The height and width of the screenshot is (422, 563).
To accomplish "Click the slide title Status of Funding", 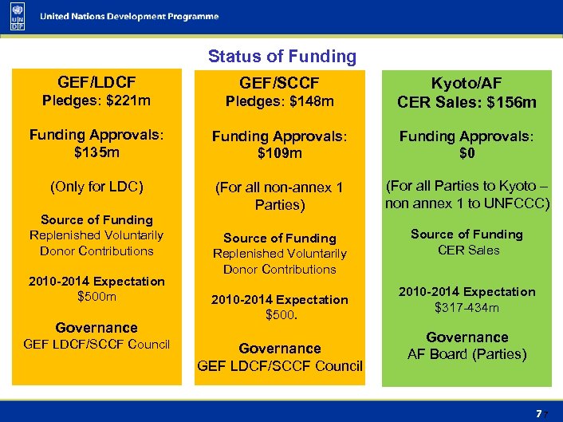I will tap(281, 57).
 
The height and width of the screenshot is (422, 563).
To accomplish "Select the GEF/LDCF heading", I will tap(96, 82).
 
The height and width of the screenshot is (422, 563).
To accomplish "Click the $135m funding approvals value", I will tap(96, 152).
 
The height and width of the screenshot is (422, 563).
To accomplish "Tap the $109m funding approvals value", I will tap(279, 152).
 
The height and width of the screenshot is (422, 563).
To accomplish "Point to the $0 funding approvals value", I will tap(467, 152).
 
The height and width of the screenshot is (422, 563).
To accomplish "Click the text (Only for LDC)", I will tap(96, 187).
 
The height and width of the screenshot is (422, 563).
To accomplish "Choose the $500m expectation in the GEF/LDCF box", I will tap(96, 297).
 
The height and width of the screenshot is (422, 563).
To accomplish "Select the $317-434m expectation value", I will tap(467, 307).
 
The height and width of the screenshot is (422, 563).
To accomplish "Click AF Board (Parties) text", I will tap(467, 354).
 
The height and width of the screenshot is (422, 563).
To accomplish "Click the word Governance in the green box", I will tap(467, 337).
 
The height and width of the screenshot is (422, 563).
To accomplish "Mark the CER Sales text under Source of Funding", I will tap(467, 250).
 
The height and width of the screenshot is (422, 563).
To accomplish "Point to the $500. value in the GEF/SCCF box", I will tap(280, 315).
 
